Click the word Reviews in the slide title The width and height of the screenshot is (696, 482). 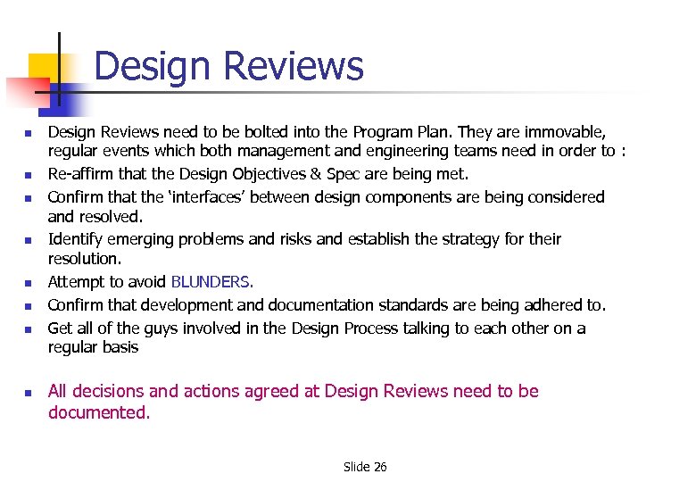294,67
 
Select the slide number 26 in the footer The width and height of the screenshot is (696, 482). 379,467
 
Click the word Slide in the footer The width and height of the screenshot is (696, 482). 356,467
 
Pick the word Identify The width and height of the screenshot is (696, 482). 78,239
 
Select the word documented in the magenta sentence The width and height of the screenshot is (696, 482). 97,412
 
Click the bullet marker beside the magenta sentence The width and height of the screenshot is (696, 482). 29,392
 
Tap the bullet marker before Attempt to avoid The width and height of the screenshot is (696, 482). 29,283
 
